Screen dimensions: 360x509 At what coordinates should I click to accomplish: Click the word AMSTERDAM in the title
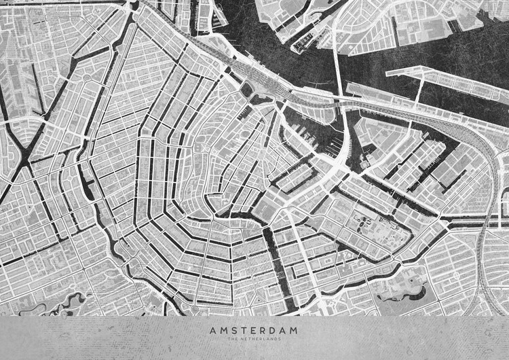click(254, 330)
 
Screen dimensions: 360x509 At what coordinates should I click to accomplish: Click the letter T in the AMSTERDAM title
click(242, 330)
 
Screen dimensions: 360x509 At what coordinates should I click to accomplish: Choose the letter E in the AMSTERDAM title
click(252, 330)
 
